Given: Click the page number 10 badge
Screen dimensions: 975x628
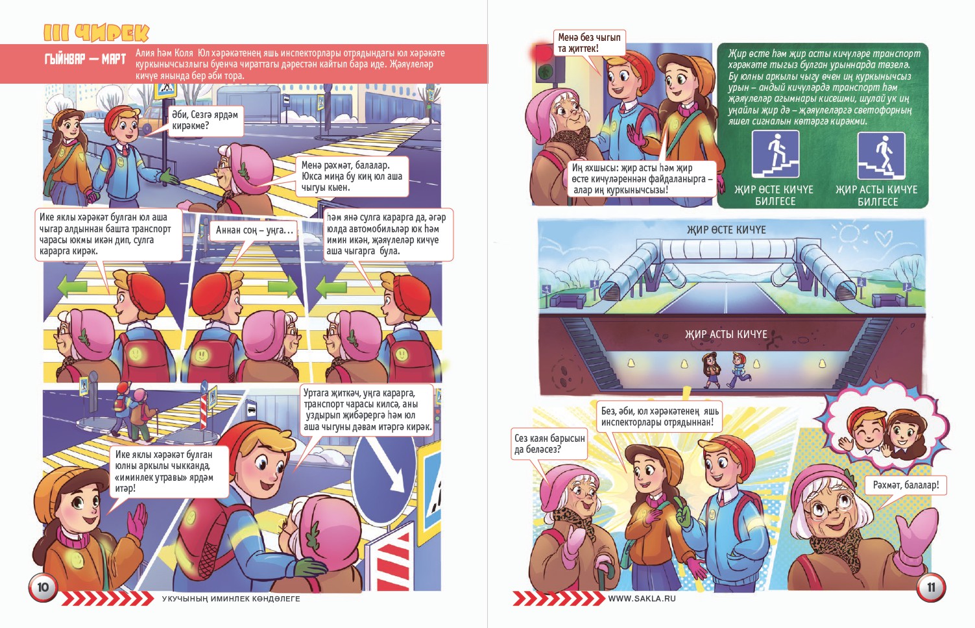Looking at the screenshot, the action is (43, 587).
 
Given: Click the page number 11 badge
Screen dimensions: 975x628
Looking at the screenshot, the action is (931, 588).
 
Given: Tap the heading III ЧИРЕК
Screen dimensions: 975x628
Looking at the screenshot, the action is (96, 32).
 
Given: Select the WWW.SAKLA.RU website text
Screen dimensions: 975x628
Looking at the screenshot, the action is (642, 598).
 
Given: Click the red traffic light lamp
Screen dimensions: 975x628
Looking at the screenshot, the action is (542, 54).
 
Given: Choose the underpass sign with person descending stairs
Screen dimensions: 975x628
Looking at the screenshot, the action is (881, 155).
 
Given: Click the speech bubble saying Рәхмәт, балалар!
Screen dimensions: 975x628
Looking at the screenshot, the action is (906, 485).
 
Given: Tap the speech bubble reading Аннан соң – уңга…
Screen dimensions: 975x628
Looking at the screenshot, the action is (254, 230).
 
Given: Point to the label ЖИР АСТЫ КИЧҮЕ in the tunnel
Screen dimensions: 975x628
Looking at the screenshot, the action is (726, 334).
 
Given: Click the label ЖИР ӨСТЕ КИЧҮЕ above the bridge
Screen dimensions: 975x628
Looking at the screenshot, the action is (726, 230).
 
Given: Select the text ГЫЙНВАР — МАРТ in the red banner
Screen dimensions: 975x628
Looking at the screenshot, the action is (85, 59).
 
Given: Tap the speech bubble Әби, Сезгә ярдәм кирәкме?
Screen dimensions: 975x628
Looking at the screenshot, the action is (205, 121).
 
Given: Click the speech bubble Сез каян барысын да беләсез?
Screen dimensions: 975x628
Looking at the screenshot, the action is (549, 444).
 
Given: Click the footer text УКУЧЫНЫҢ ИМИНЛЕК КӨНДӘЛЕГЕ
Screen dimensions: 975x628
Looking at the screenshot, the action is (231, 599).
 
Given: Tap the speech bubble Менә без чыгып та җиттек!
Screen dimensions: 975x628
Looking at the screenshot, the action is (589, 43).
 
